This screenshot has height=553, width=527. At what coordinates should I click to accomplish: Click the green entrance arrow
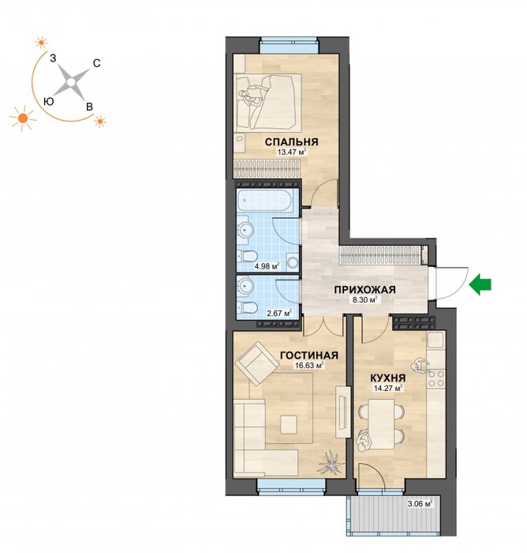pos(480,284)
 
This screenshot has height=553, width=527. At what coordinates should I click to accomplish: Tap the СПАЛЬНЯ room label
pos(291,142)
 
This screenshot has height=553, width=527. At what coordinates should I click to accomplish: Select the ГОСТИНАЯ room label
pos(309,355)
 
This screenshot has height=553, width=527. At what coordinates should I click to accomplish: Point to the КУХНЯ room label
pos(388,378)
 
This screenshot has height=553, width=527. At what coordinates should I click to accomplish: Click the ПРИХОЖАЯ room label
pos(365,290)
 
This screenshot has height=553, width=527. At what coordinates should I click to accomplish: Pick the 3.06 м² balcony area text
pos(420,504)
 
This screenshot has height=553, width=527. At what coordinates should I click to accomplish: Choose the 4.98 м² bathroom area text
pos(267,266)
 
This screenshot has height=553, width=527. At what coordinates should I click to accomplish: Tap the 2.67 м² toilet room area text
pos(278,313)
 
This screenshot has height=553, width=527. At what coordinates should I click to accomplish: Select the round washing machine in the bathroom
pos(293,262)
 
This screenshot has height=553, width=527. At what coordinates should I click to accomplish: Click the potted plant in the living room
pos(331,462)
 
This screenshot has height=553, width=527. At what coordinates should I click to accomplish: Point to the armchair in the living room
pos(256,363)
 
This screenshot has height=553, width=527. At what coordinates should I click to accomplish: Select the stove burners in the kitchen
pos(436,378)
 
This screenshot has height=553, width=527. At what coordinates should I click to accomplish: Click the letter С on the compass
pos(96,63)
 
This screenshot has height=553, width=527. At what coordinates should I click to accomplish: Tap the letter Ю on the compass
pos(49,102)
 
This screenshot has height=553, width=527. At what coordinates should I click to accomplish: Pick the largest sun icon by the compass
pos(23,118)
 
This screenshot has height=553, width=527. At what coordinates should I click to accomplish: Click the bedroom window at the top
pos(289,46)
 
